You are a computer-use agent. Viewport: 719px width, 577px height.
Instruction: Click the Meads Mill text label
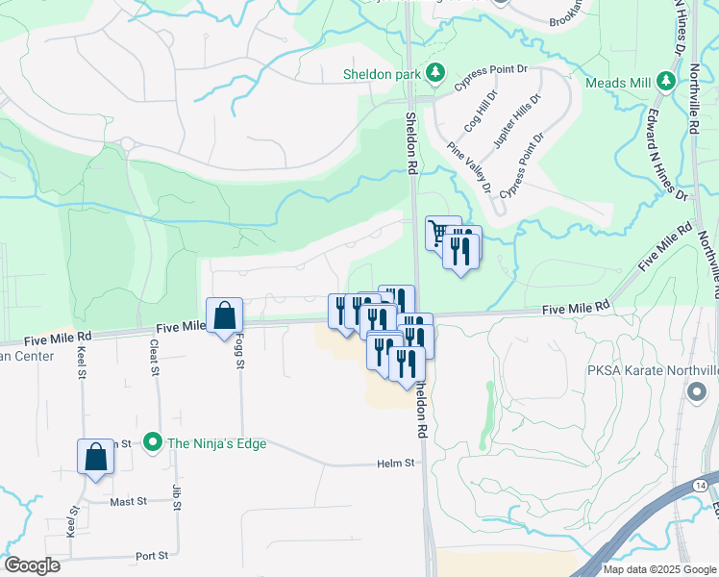pyautogui.click(x=620, y=83)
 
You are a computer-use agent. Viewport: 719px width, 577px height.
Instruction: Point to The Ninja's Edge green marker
pyautogui.click(x=152, y=443)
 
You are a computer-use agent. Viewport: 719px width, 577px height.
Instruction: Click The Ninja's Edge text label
pyautogui.click(x=216, y=443)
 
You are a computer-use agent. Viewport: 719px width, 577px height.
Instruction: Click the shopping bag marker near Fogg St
pyautogui.click(x=224, y=314)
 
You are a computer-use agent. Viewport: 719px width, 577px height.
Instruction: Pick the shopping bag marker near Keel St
pyautogui.click(x=96, y=456)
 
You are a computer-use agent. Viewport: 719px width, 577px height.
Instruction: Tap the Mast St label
pyautogui.click(x=127, y=501)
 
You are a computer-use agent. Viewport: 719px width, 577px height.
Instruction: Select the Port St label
pyautogui.click(x=152, y=556)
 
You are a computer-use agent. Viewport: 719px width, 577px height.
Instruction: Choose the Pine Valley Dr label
pyautogui.click(x=469, y=167)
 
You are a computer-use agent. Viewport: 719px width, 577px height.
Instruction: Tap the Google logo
pyautogui.click(x=32, y=565)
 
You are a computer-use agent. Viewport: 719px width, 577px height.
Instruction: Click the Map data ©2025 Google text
pyautogui.click(x=659, y=569)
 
